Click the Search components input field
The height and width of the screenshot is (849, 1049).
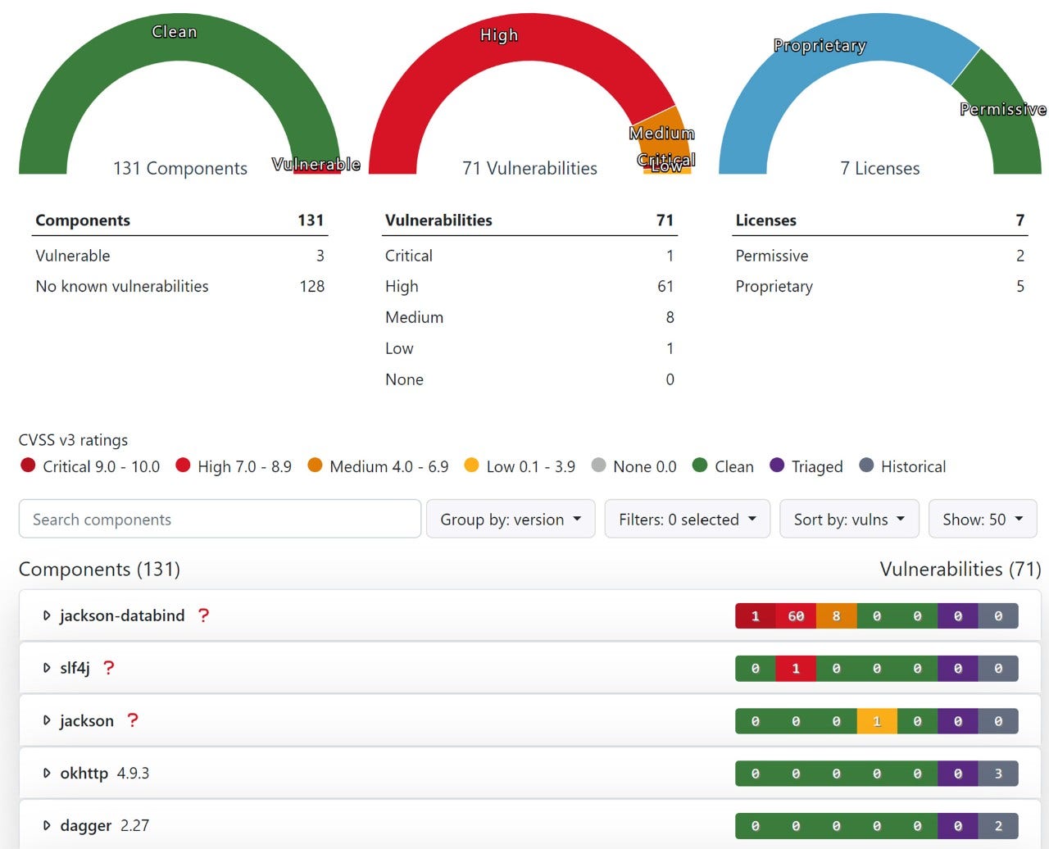pyautogui.click(x=219, y=519)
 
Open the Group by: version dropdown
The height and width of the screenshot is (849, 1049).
pyautogui.click(x=511, y=519)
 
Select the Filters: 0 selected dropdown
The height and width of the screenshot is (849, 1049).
pyautogui.click(x=687, y=519)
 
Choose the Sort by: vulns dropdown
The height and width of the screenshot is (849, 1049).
pyautogui.click(x=849, y=519)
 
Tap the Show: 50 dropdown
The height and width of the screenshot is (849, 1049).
pyautogui.click(x=982, y=519)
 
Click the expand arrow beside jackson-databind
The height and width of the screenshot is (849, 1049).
pyautogui.click(x=47, y=615)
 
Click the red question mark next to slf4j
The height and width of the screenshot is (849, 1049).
pyautogui.click(x=108, y=668)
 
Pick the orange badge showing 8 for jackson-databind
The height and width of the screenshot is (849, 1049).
pyautogui.click(x=836, y=616)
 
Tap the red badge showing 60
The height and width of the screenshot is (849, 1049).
pyautogui.click(x=796, y=616)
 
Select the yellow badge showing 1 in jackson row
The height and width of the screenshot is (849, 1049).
pyautogui.click(x=877, y=721)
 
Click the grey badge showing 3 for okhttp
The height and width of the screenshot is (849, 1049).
pyautogui.click(x=998, y=774)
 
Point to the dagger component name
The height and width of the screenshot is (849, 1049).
pyautogui.click(x=85, y=825)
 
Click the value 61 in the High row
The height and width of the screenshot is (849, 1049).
pyautogui.click(x=665, y=286)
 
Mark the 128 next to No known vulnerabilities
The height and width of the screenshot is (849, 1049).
pyautogui.click(x=311, y=286)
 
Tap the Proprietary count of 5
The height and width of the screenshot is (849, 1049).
pyautogui.click(x=1019, y=286)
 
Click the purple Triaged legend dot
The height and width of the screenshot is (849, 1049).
pyautogui.click(x=777, y=465)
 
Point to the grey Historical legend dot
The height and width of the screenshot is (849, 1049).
pyautogui.click(x=866, y=465)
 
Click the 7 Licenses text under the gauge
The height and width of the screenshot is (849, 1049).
pyautogui.click(x=879, y=168)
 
